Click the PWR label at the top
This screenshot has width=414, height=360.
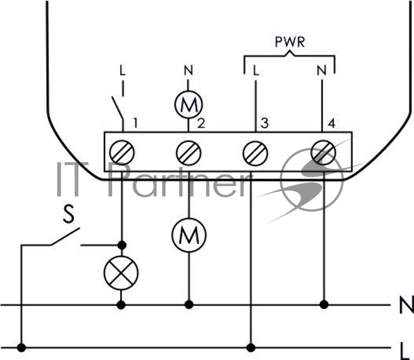tap(290, 42)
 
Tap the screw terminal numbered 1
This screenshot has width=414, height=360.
tap(122, 153)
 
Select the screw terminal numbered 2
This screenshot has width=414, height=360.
tap(188, 153)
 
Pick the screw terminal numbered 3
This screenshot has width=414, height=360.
tap(255, 153)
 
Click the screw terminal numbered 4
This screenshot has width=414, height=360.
tap(323, 153)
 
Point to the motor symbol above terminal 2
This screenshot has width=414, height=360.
tap(188, 104)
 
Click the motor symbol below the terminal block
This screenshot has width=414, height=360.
tap(188, 235)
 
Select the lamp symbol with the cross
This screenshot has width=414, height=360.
tap(121, 273)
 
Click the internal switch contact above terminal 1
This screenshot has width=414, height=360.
tap(117, 108)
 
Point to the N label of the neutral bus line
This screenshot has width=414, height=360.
tap(406, 305)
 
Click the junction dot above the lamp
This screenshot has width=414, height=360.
tap(122, 245)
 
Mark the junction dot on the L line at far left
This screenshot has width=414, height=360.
tap(21, 348)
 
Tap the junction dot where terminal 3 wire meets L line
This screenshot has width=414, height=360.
tap(251, 348)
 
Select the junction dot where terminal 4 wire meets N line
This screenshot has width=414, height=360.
tap(324, 305)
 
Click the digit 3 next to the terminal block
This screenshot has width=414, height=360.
tap(264, 123)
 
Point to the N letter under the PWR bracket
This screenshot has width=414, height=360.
tap(321, 70)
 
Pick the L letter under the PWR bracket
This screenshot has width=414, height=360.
tap(256, 70)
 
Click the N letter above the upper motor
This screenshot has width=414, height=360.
tap(188, 70)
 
